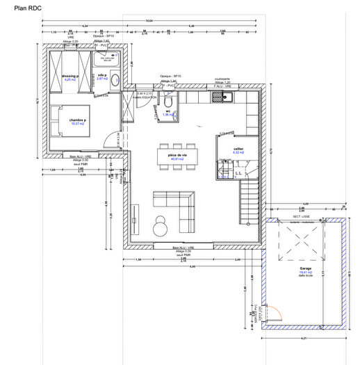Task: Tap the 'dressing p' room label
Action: pyautogui.click(x=69, y=76)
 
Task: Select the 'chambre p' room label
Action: pyautogui.click(x=76, y=120)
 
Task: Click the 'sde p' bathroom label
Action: pyautogui.click(x=101, y=75)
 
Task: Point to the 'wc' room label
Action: pyautogui.click(x=167, y=110)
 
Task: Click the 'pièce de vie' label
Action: pyautogui.click(x=177, y=154)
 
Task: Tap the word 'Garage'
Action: pyautogui.click(x=305, y=268)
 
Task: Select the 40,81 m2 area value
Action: pyautogui.click(x=177, y=159)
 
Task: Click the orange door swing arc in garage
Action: pyautogui.click(x=274, y=314)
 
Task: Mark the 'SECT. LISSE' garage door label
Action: pyautogui.click(x=301, y=216)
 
